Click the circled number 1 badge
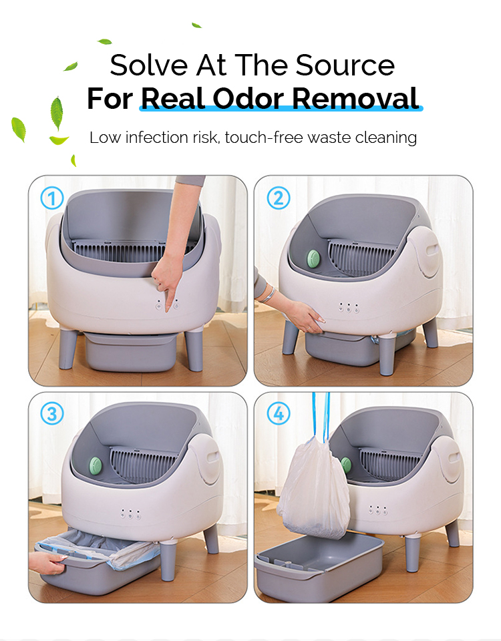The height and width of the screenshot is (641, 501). click(52, 198)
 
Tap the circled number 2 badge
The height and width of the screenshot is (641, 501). click(279, 198)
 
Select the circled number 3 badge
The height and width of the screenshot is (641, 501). click(52, 414)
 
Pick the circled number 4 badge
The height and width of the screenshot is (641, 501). click(279, 414)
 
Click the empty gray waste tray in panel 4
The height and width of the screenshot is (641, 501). click(317, 564)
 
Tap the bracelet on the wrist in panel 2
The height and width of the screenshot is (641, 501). click(268, 294)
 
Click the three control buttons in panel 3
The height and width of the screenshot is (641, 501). click(130, 514)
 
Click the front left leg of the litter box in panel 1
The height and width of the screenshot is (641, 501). click(68, 347)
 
